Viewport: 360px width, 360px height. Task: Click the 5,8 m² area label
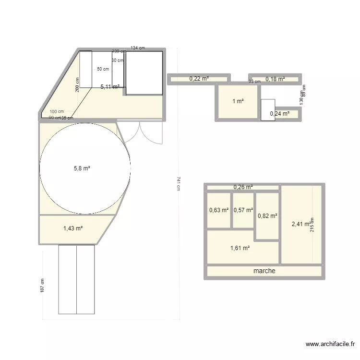(82, 168)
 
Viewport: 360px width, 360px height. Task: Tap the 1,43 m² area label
(73, 228)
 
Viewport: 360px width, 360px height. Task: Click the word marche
(264, 271)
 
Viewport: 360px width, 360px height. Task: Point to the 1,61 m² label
(240, 248)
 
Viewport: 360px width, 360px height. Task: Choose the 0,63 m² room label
(219, 210)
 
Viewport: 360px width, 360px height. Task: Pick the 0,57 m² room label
(243, 210)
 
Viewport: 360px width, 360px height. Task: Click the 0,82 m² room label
(267, 216)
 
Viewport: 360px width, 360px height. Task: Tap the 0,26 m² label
(243, 187)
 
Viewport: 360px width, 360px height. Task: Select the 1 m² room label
(238, 101)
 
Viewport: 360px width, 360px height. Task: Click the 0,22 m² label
(199, 78)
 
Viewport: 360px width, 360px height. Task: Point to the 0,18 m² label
(275, 79)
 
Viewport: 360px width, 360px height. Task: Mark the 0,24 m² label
(280, 114)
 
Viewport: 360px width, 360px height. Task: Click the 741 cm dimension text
(178, 183)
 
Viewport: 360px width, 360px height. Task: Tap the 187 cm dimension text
(43, 287)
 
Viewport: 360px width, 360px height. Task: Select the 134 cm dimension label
(138, 48)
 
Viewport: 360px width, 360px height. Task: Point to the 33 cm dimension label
(254, 82)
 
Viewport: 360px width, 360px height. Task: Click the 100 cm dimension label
(57, 111)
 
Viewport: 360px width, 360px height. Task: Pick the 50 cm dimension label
(103, 69)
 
